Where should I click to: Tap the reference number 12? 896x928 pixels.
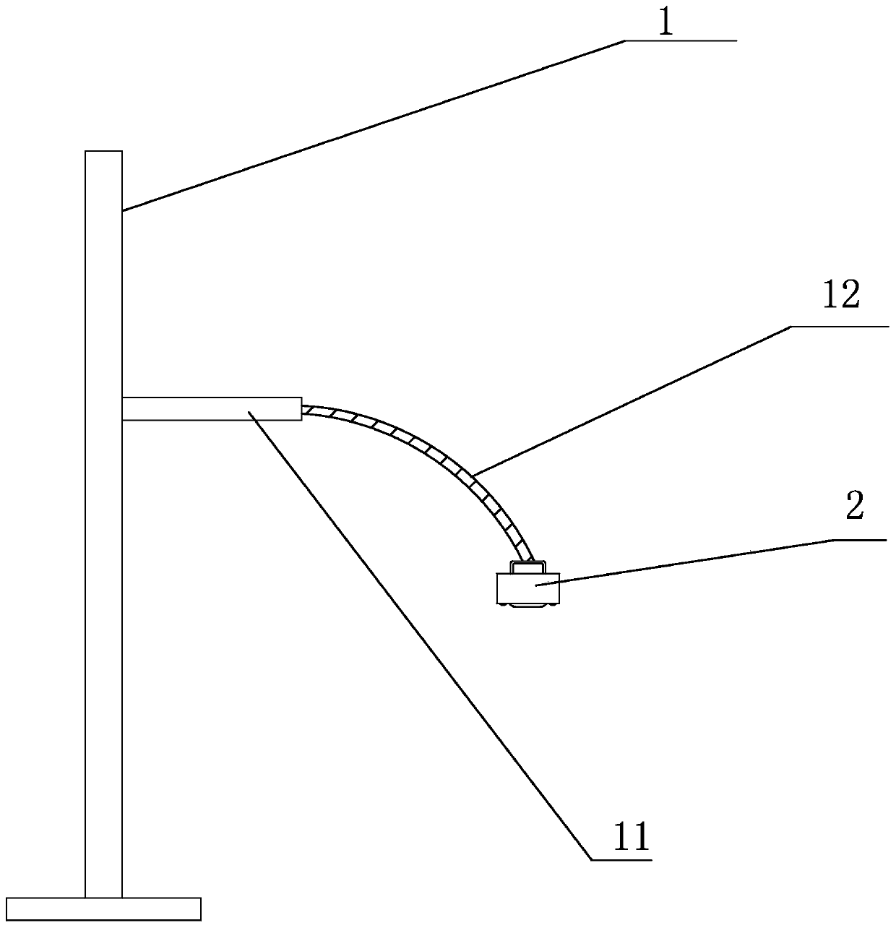[x=840, y=296]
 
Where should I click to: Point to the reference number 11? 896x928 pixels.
[x=632, y=836]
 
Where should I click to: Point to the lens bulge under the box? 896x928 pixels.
[x=527, y=603]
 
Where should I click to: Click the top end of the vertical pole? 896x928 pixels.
[x=103, y=153]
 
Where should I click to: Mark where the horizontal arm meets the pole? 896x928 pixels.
[x=123, y=409]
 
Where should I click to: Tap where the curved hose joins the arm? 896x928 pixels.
[x=303, y=410]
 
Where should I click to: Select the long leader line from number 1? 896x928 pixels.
[x=372, y=126]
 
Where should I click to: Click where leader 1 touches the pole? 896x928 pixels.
[x=123, y=210]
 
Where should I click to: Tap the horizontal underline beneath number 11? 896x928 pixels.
[x=621, y=859]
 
